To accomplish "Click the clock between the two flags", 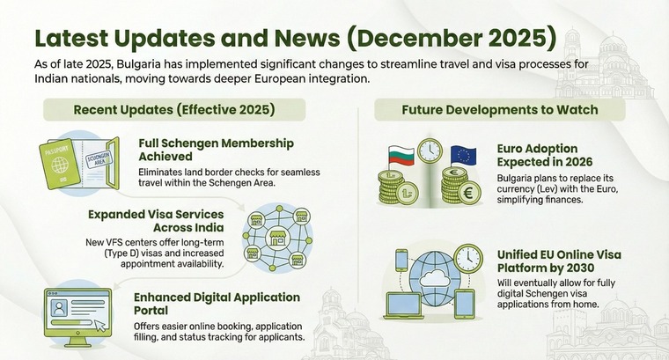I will pos(429,151).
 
